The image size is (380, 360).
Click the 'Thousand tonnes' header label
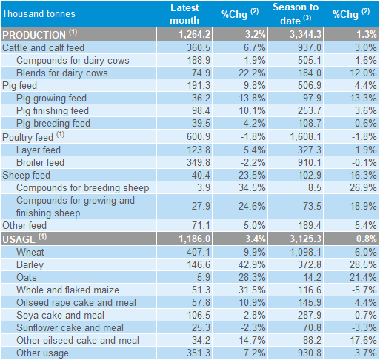click(x=39, y=13)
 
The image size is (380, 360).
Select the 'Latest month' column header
click(x=184, y=14)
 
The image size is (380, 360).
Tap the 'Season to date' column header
click(x=296, y=14)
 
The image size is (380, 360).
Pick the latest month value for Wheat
click(x=199, y=252)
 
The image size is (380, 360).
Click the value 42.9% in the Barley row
click(x=252, y=264)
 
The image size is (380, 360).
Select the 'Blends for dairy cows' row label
click(x=62, y=73)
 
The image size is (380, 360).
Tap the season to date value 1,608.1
click(x=306, y=136)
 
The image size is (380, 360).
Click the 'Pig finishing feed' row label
click(x=53, y=111)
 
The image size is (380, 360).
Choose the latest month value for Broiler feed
click(x=199, y=162)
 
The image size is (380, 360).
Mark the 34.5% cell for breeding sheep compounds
click(x=252, y=187)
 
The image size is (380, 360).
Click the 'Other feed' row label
click(x=24, y=225)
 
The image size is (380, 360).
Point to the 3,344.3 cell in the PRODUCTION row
click(x=306, y=34)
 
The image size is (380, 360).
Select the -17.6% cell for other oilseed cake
click(x=361, y=340)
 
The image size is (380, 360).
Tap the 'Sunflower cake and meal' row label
click(x=70, y=327)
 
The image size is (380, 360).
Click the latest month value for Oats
click(x=204, y=277)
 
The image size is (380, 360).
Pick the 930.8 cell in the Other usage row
click(x=310, y=353)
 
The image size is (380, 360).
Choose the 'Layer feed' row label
click(x=39, y=150)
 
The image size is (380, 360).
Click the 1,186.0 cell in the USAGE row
click(x=195, y=239)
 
